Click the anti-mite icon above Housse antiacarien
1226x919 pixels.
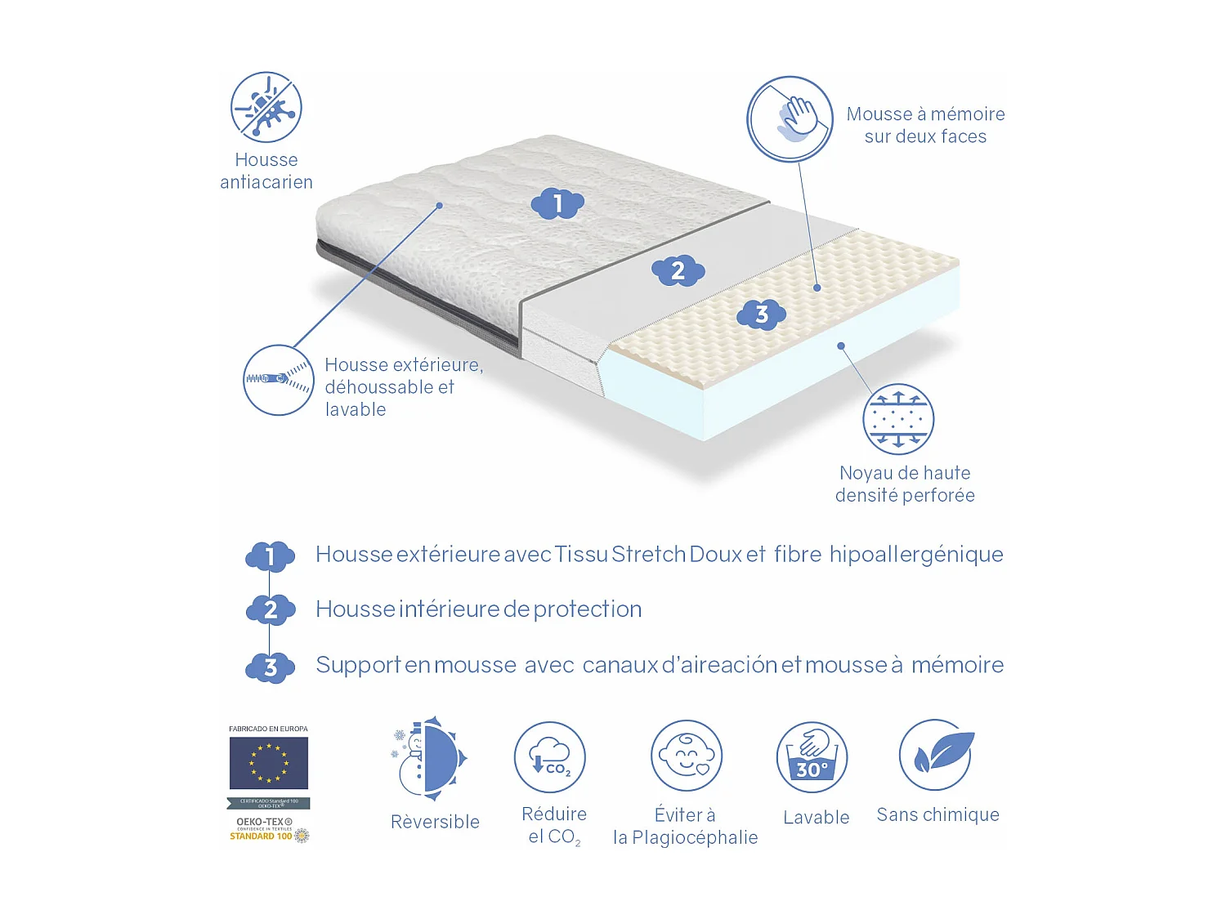pos(266,107)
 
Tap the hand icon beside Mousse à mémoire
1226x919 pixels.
pos(790,119)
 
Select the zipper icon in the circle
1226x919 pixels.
pos(278,380)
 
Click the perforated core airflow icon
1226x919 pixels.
pos(898,419)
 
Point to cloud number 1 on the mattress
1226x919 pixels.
pos(557,203)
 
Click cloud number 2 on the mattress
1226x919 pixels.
pos(678,270)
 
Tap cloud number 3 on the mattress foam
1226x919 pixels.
pos(761,314)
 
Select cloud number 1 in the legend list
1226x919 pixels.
pos(270,557)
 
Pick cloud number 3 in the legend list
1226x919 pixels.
pos(270,667)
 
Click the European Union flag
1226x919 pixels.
pos(268,763)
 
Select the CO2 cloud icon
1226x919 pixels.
pos(550,757)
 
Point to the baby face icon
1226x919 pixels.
pos(687,756)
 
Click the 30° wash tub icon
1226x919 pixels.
pos(812,757)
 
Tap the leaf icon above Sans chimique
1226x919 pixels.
pos(936,754)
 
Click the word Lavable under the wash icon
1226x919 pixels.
pos(816,818)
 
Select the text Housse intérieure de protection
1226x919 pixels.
pos(478,609)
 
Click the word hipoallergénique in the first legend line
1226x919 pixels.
pos(916,555)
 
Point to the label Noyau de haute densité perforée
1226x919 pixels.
pos(905,484)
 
